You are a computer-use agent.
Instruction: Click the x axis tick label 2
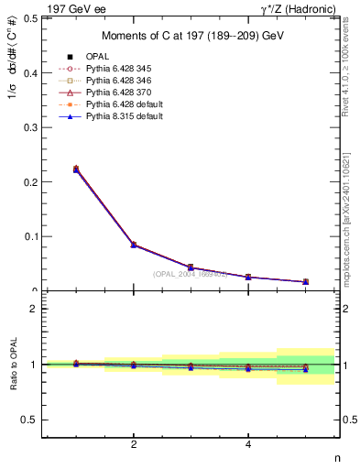[x=134, y=445]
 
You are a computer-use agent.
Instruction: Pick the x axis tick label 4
[x=248, y=445]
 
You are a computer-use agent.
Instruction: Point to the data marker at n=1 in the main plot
[x=76, y=169]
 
